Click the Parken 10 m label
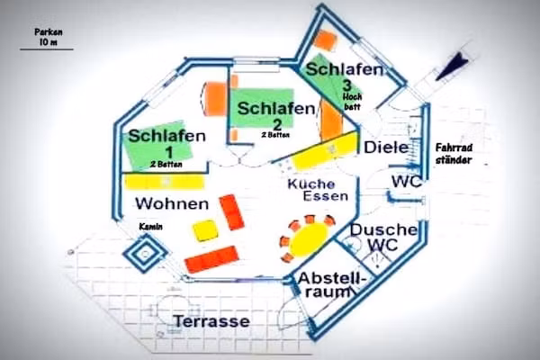click(x=49, y=37)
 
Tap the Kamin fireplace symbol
click(x=145, y=254)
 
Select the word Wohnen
click(x=172, y=203)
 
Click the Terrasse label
click(x=211, y=321)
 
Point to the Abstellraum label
click(x=330, y=285)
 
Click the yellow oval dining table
click(x=309, y=239)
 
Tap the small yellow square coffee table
click(x=205, y=230)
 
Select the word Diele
click(x=386, y=148)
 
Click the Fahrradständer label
click(x=454, y=154)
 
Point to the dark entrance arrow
click(x=451, y=67)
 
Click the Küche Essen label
click(x=318, y=190)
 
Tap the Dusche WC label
click(x=383, y=237)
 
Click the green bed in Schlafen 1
click(x=159, y=146)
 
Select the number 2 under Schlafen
click(x=277, y=124)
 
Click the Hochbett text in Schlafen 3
click(x=352, y=102)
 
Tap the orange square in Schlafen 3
click(x=325, y=40)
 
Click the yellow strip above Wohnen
click(x=164, y=182)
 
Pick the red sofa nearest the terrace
click(x=211, y=259)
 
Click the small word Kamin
click(x=150, y=227)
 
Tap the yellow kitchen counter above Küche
click(x=324, y=152)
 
